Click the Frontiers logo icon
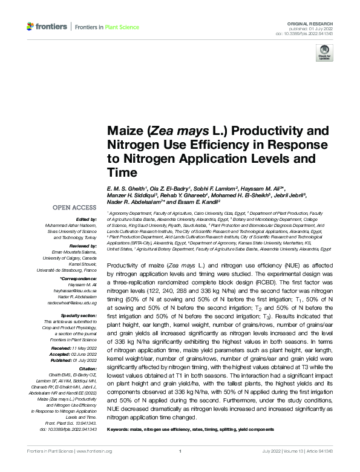30,27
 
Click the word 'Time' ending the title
120,173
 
